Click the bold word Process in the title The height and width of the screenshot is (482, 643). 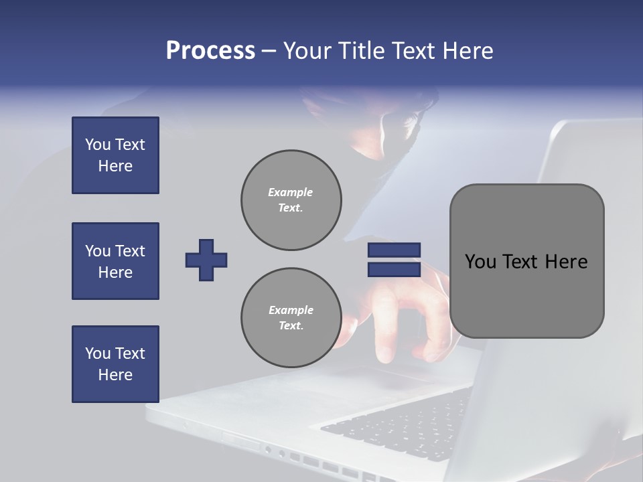pyautogui.click(x=210, y=51)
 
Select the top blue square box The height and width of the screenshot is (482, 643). pyautogui.click(x=115, y=155)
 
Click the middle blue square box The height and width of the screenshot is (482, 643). pyautogui.click(x=115, y=261)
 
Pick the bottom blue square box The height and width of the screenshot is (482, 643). pyautogui.click(x=115, y=364)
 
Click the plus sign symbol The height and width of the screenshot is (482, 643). pyautogui.click(x=206, y=260)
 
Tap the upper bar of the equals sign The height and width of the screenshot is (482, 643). pyautogui.click(x=394, y=250)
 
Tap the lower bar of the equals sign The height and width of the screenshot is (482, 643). pyautogui.click(x=394, y=269)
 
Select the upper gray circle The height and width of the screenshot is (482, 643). pyautogui.click(x=291, y=199)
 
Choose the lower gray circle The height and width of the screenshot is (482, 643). pyautogui.click(x=291, y=317)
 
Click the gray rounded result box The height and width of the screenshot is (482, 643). pyautogui.click(x=526, y=261)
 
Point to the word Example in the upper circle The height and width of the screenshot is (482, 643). pyautogui.click(x=291, y=192)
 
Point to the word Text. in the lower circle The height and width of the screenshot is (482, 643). pyautogui.click(x=291, y=326)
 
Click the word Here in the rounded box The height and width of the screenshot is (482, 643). pyautogui.click(x=566, y=262)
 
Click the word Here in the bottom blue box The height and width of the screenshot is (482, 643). pyautogui.click(x=115, y=375)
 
